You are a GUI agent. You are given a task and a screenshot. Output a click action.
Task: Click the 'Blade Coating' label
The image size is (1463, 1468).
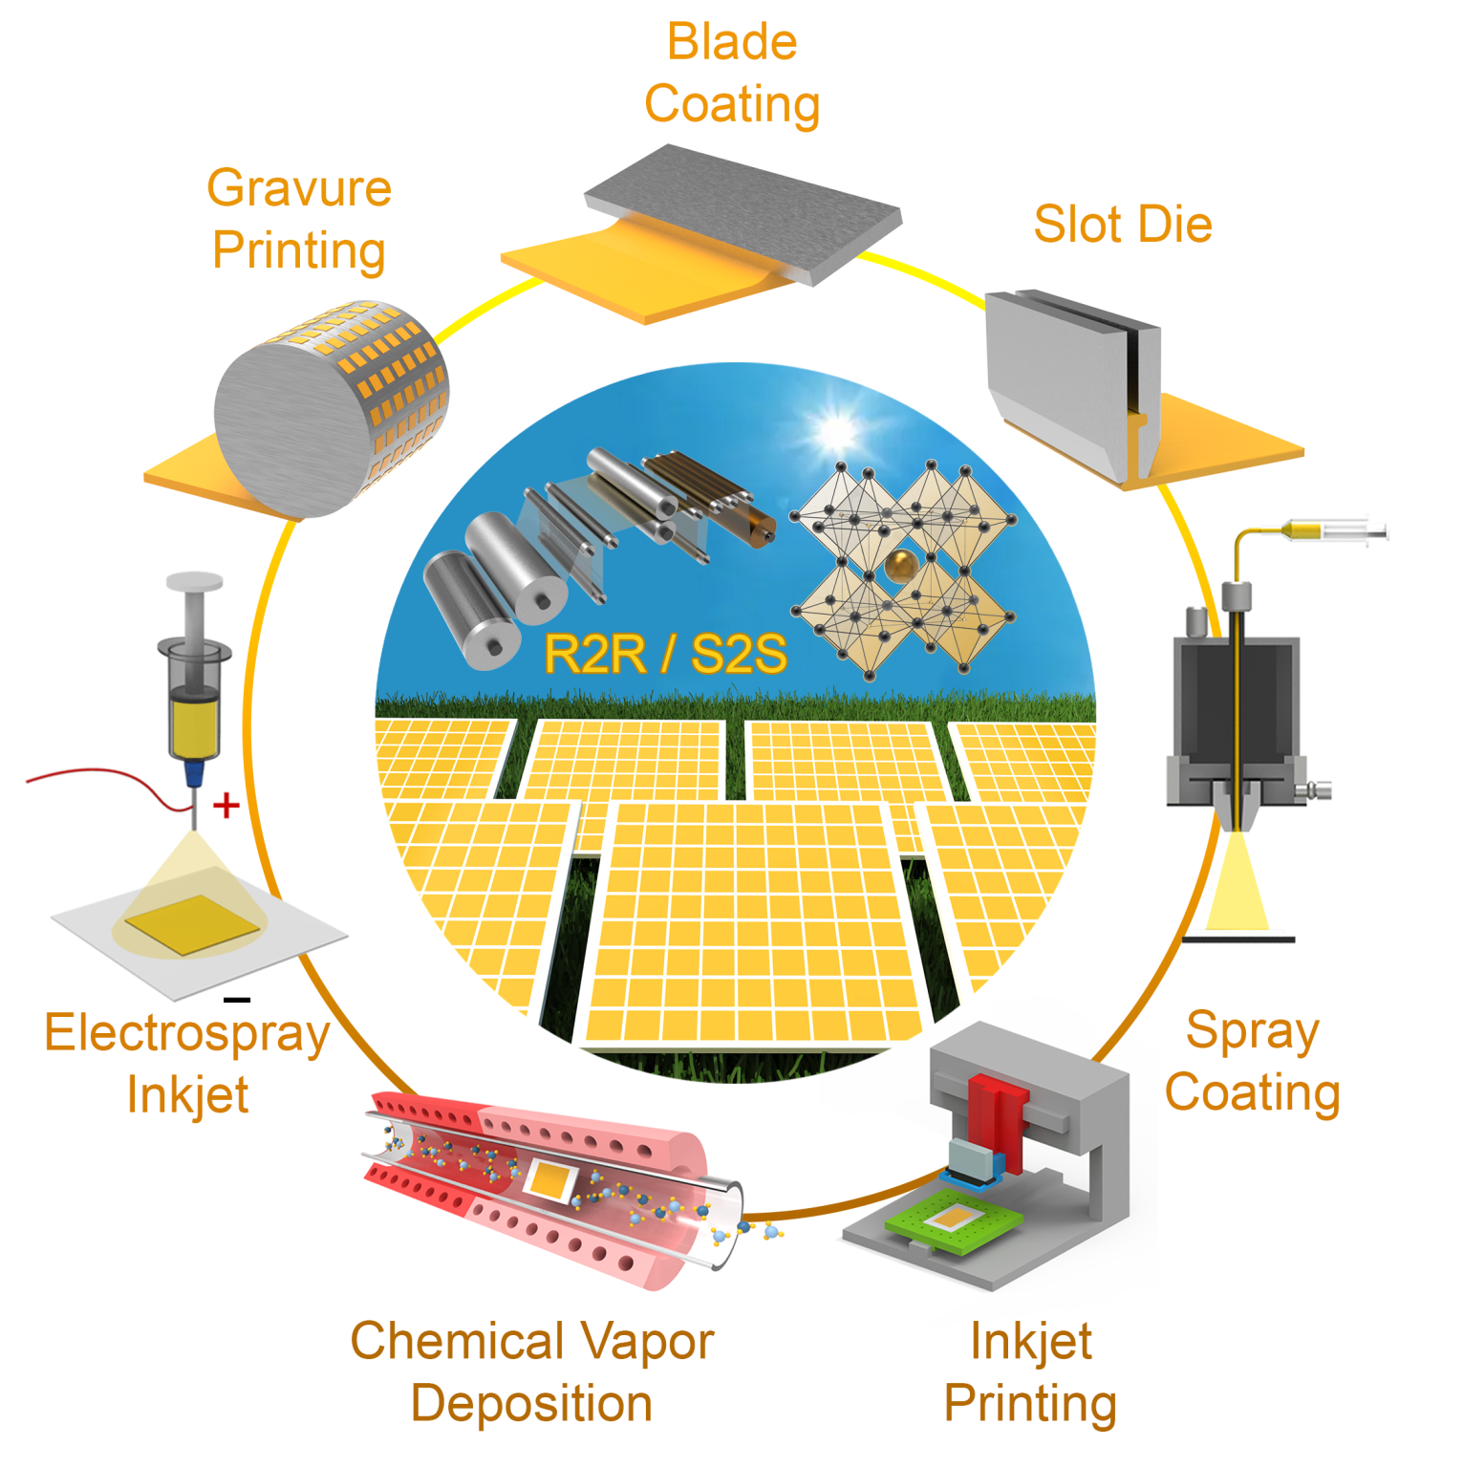pos(732,74)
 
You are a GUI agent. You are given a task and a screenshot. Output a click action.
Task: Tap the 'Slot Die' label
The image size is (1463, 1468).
pos(1123,225)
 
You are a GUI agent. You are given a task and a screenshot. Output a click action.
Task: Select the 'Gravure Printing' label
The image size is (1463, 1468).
pos(299,219)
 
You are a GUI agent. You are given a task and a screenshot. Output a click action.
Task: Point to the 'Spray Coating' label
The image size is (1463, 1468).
pos(1252,1061)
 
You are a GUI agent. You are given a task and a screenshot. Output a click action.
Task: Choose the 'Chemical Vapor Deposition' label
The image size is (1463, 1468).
pos(532,1371)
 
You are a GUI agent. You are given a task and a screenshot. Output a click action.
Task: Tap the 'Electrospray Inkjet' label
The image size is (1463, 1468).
pos(187,1063)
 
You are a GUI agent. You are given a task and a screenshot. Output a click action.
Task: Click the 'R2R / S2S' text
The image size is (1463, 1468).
pos(665,655)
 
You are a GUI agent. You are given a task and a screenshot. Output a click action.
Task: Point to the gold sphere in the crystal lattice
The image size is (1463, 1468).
pos(900,566)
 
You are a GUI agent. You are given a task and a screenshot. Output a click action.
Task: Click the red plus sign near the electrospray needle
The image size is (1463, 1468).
pos(226,806)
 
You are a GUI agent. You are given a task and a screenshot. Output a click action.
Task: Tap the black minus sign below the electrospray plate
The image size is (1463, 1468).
pos(236,1000)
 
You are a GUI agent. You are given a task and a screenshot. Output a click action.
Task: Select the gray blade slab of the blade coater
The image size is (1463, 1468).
pos(742,210)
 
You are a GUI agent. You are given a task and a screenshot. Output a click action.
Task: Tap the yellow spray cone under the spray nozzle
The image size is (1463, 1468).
pos(1237,884)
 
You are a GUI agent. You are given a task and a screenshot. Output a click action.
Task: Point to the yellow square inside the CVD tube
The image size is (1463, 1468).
pos(548,1181)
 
